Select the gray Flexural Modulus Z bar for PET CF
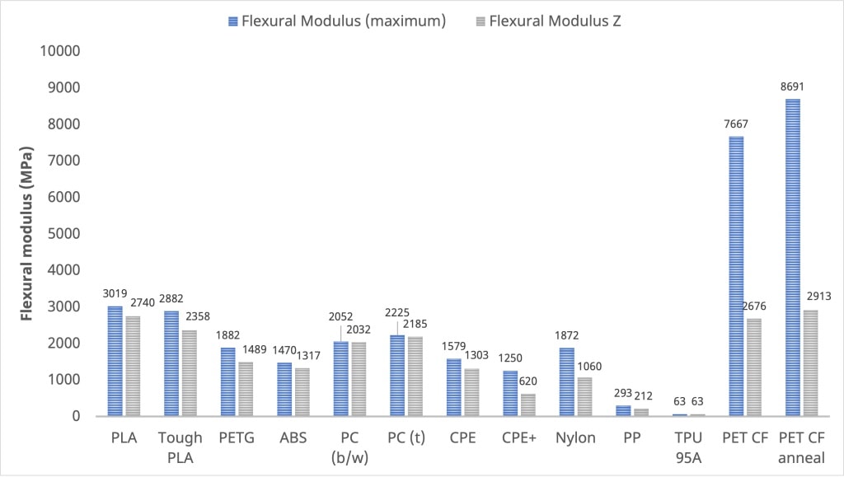coord(753,367)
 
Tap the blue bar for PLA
coord(115,361)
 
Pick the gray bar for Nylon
coord(584,396)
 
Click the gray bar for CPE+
coord(527,405)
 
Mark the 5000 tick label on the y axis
coord(63,234)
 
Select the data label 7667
coord(736,124)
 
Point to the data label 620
coord(527,381)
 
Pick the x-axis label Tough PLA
coord(179,447)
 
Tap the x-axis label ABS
coord(292,438)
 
